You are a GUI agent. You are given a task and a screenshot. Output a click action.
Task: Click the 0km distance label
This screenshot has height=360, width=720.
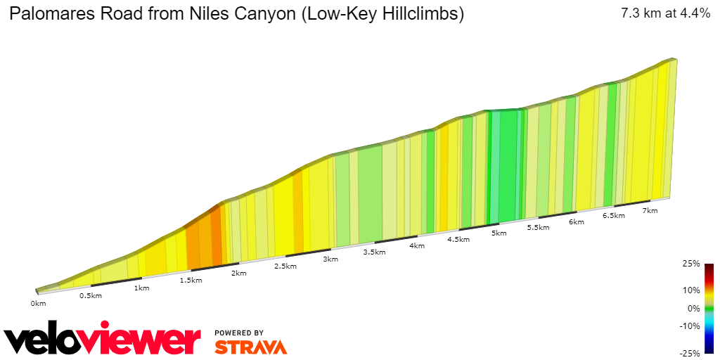(38, 304)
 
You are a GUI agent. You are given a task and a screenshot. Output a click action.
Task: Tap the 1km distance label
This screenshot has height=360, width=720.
(141, 288)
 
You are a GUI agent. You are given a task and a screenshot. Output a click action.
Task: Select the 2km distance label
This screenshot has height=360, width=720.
(239, 274)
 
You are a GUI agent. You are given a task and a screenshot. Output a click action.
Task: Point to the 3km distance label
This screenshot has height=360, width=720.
(330, 259)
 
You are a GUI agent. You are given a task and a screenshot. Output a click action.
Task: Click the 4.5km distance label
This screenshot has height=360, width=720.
(458, 240)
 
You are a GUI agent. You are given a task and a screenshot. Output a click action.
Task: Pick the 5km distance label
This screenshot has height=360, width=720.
(499, 233)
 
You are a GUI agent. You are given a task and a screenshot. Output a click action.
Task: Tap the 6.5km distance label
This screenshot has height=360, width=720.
(614, 216)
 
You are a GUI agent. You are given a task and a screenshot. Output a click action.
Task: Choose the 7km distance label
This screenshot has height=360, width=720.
(650, 211)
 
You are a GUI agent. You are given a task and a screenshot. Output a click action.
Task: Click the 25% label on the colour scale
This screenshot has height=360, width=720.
(692, 264)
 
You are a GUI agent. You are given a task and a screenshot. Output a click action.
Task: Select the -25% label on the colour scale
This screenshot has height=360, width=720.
(691, 354)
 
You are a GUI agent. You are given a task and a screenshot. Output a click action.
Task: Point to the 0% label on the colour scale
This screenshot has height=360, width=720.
(693, 308)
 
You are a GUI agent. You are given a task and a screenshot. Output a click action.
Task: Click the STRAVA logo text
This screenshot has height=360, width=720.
(250, 347)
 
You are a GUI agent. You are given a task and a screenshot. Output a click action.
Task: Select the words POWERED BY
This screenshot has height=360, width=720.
(239, 333)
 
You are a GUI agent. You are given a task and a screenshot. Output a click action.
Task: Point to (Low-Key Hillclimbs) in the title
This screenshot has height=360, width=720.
(382, 14)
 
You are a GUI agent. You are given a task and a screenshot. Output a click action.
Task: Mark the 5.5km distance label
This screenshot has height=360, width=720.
(538, 228)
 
